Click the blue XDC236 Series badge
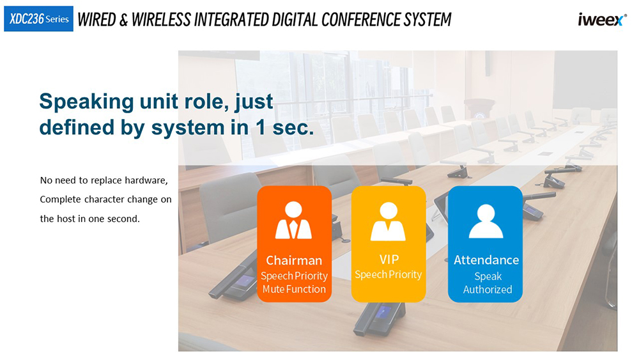click(x=38, y=19)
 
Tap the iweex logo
click(x=602, y=20)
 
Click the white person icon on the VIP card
click(x=388, y=221)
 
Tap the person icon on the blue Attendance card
click(x=486, y=221)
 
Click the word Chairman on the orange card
click(x=294, y=260)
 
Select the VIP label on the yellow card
click(x=389, y=260)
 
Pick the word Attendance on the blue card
click(x=486, y=260)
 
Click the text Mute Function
click(x=294, y=289)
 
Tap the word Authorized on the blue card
click(x=488, y=290)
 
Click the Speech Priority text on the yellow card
click(x=388, y=275)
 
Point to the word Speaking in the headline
click(x=86, y=102)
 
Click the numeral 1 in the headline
click(x=261, y=127)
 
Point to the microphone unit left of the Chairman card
click(x=233, y=279)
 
